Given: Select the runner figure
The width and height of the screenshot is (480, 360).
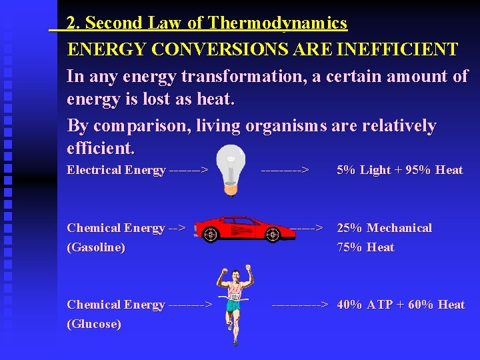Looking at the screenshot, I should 235,303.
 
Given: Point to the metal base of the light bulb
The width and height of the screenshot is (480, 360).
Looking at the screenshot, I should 231,189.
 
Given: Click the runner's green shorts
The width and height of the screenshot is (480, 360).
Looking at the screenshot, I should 233,306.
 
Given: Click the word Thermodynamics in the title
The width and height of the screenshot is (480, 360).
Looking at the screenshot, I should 277,23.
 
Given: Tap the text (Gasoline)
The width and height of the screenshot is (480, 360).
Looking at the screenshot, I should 96,247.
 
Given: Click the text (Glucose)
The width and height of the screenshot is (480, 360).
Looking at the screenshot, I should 94,324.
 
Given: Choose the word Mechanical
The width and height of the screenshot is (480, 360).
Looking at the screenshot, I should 399,228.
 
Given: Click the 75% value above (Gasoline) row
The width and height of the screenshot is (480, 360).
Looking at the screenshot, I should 349,247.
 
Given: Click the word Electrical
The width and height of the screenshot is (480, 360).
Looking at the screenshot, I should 94,170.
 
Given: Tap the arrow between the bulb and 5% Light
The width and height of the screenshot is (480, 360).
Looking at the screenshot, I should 285,170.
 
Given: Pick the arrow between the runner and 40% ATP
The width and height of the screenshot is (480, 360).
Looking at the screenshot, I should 300,305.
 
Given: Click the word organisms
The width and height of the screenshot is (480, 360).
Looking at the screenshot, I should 287,126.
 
